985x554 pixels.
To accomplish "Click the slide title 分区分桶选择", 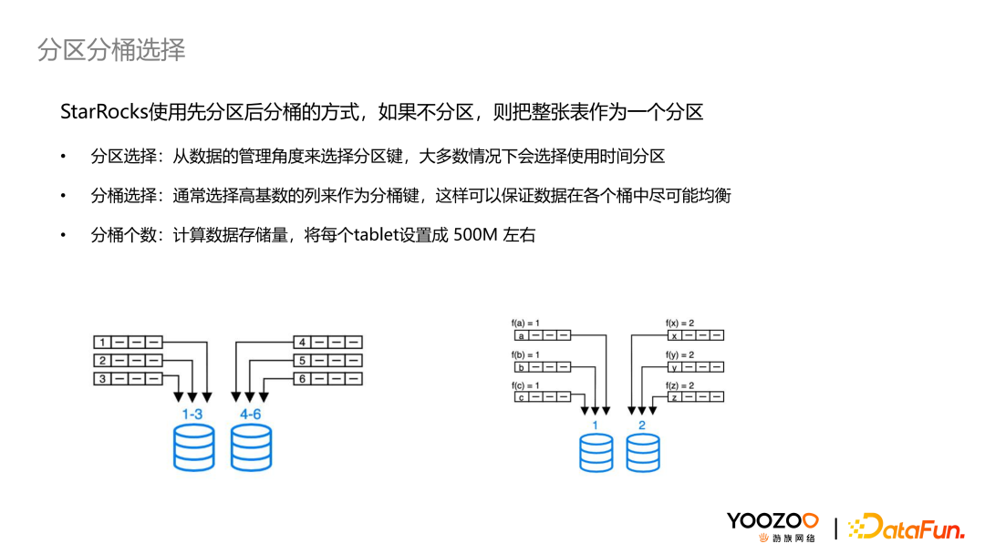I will click(x=111, y=50).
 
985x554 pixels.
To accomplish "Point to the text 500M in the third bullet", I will click(x=475, y=234).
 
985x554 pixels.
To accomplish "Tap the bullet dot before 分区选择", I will click(x=64, y=157).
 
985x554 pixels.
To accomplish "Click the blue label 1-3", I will click(x=192, y=414).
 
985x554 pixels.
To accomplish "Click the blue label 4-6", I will click(x=252, y=414).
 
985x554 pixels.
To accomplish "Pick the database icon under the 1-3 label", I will click(x=193, y=446).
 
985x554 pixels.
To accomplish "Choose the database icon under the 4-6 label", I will click(x=252, y=446).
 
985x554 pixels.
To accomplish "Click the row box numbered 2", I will click(x=129, y=361).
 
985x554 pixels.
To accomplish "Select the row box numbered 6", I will click(x=327, y=378).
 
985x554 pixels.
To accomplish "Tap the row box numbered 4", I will click(x=327, y=343).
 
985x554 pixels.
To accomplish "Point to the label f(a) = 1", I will click(x=526, y=323).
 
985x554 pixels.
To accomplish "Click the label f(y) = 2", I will click(x=679, y=354).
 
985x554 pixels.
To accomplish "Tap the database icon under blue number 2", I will click(x=643, y=452).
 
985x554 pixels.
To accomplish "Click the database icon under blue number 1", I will click(x=596, y=452).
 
